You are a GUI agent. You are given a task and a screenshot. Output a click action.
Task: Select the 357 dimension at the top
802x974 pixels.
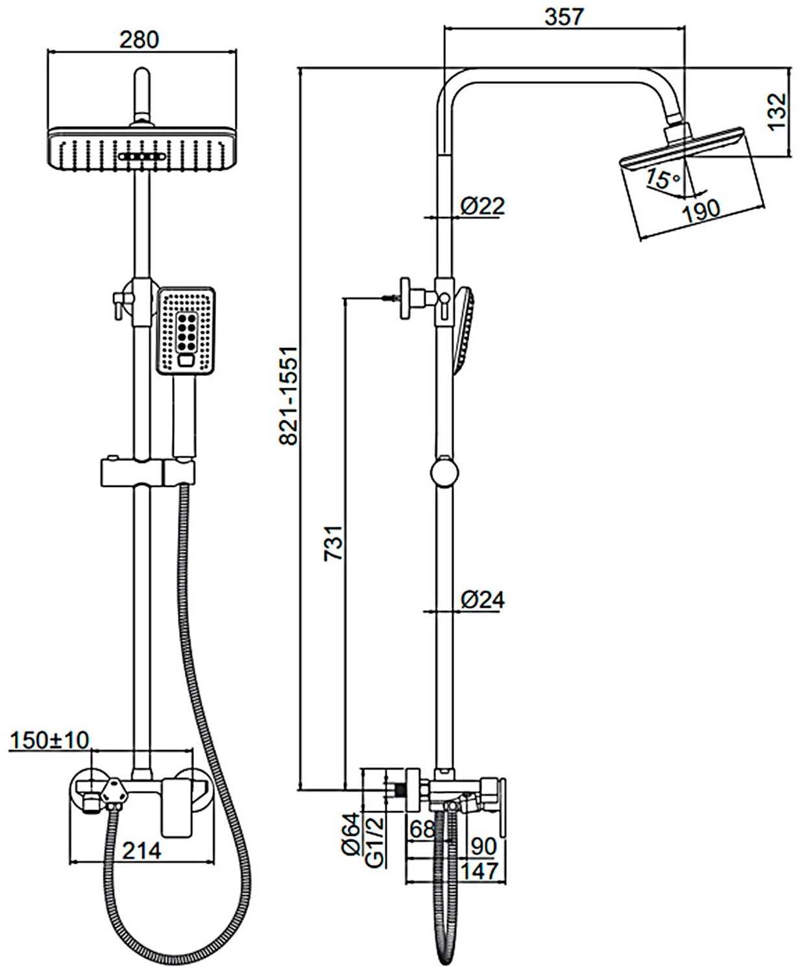(x=565, y=18)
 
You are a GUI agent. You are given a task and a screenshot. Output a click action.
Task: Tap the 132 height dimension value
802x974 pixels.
(x=777, y=112)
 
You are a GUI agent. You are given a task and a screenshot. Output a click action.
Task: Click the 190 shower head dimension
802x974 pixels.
(x=701, y=210)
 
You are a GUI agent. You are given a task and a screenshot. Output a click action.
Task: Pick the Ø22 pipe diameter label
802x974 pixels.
(x=483, y=206)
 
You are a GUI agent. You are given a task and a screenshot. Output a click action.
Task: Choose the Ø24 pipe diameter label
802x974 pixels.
(x=483, y=599)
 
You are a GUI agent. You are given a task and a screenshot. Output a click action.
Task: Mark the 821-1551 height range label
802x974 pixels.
(x=287, y=395)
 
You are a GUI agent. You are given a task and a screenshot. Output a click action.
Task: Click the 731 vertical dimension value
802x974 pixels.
(x=333, y=542)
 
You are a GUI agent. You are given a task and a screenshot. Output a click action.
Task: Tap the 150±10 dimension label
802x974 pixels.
(x=49, y=740)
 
